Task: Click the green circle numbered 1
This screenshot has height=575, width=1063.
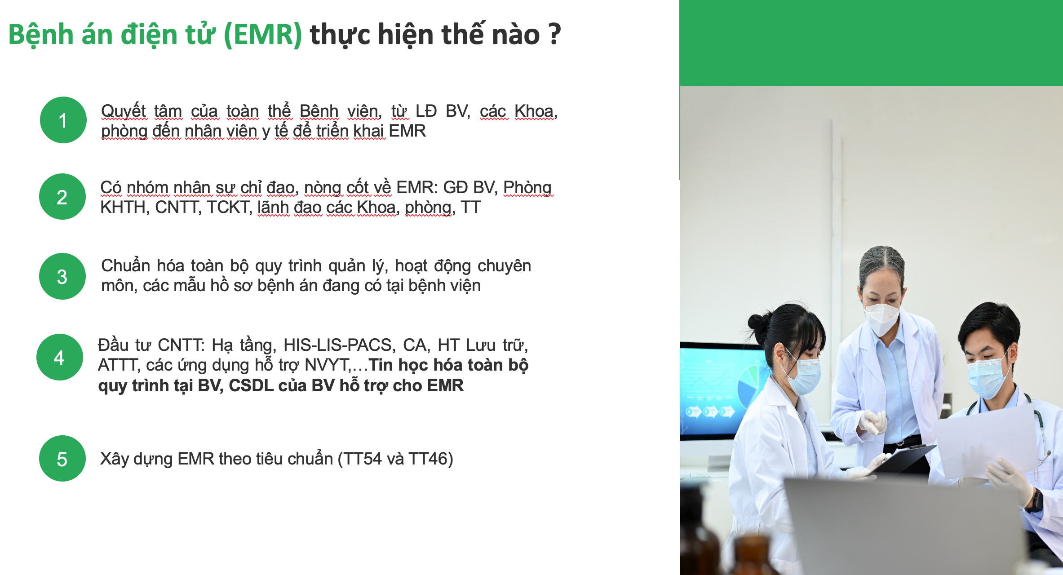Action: click(63, 120)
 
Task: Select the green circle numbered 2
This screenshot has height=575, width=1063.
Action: click(62, 197)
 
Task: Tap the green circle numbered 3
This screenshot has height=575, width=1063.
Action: click(62, 276)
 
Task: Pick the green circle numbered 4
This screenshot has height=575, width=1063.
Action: click(60, 357)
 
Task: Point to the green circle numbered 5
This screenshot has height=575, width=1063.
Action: click(62, 458)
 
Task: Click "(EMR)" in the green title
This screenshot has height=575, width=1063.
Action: click(263, 35)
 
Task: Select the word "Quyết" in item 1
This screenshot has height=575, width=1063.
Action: click(124, 111)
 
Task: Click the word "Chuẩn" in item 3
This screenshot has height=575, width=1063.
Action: click(125, 265)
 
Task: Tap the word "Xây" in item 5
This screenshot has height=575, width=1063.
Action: click(114, 459)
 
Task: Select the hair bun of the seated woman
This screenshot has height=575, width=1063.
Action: click(758, 324)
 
